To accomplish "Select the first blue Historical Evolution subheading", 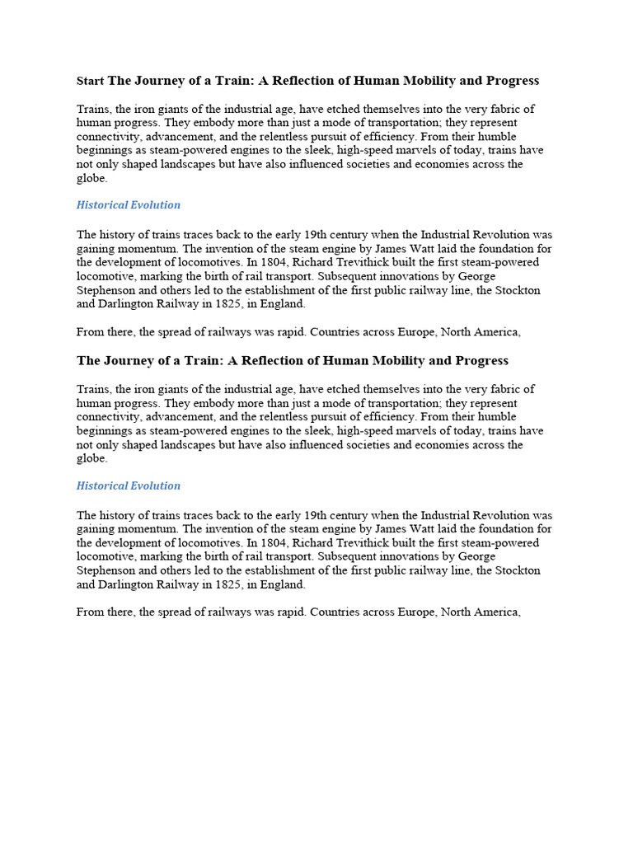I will pos(128,204).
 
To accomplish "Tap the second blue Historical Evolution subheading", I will pos(128,485).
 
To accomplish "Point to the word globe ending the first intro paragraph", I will pos(91,178).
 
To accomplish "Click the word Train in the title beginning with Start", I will pos(204,81).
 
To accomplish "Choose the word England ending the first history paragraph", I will pos(284,303).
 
